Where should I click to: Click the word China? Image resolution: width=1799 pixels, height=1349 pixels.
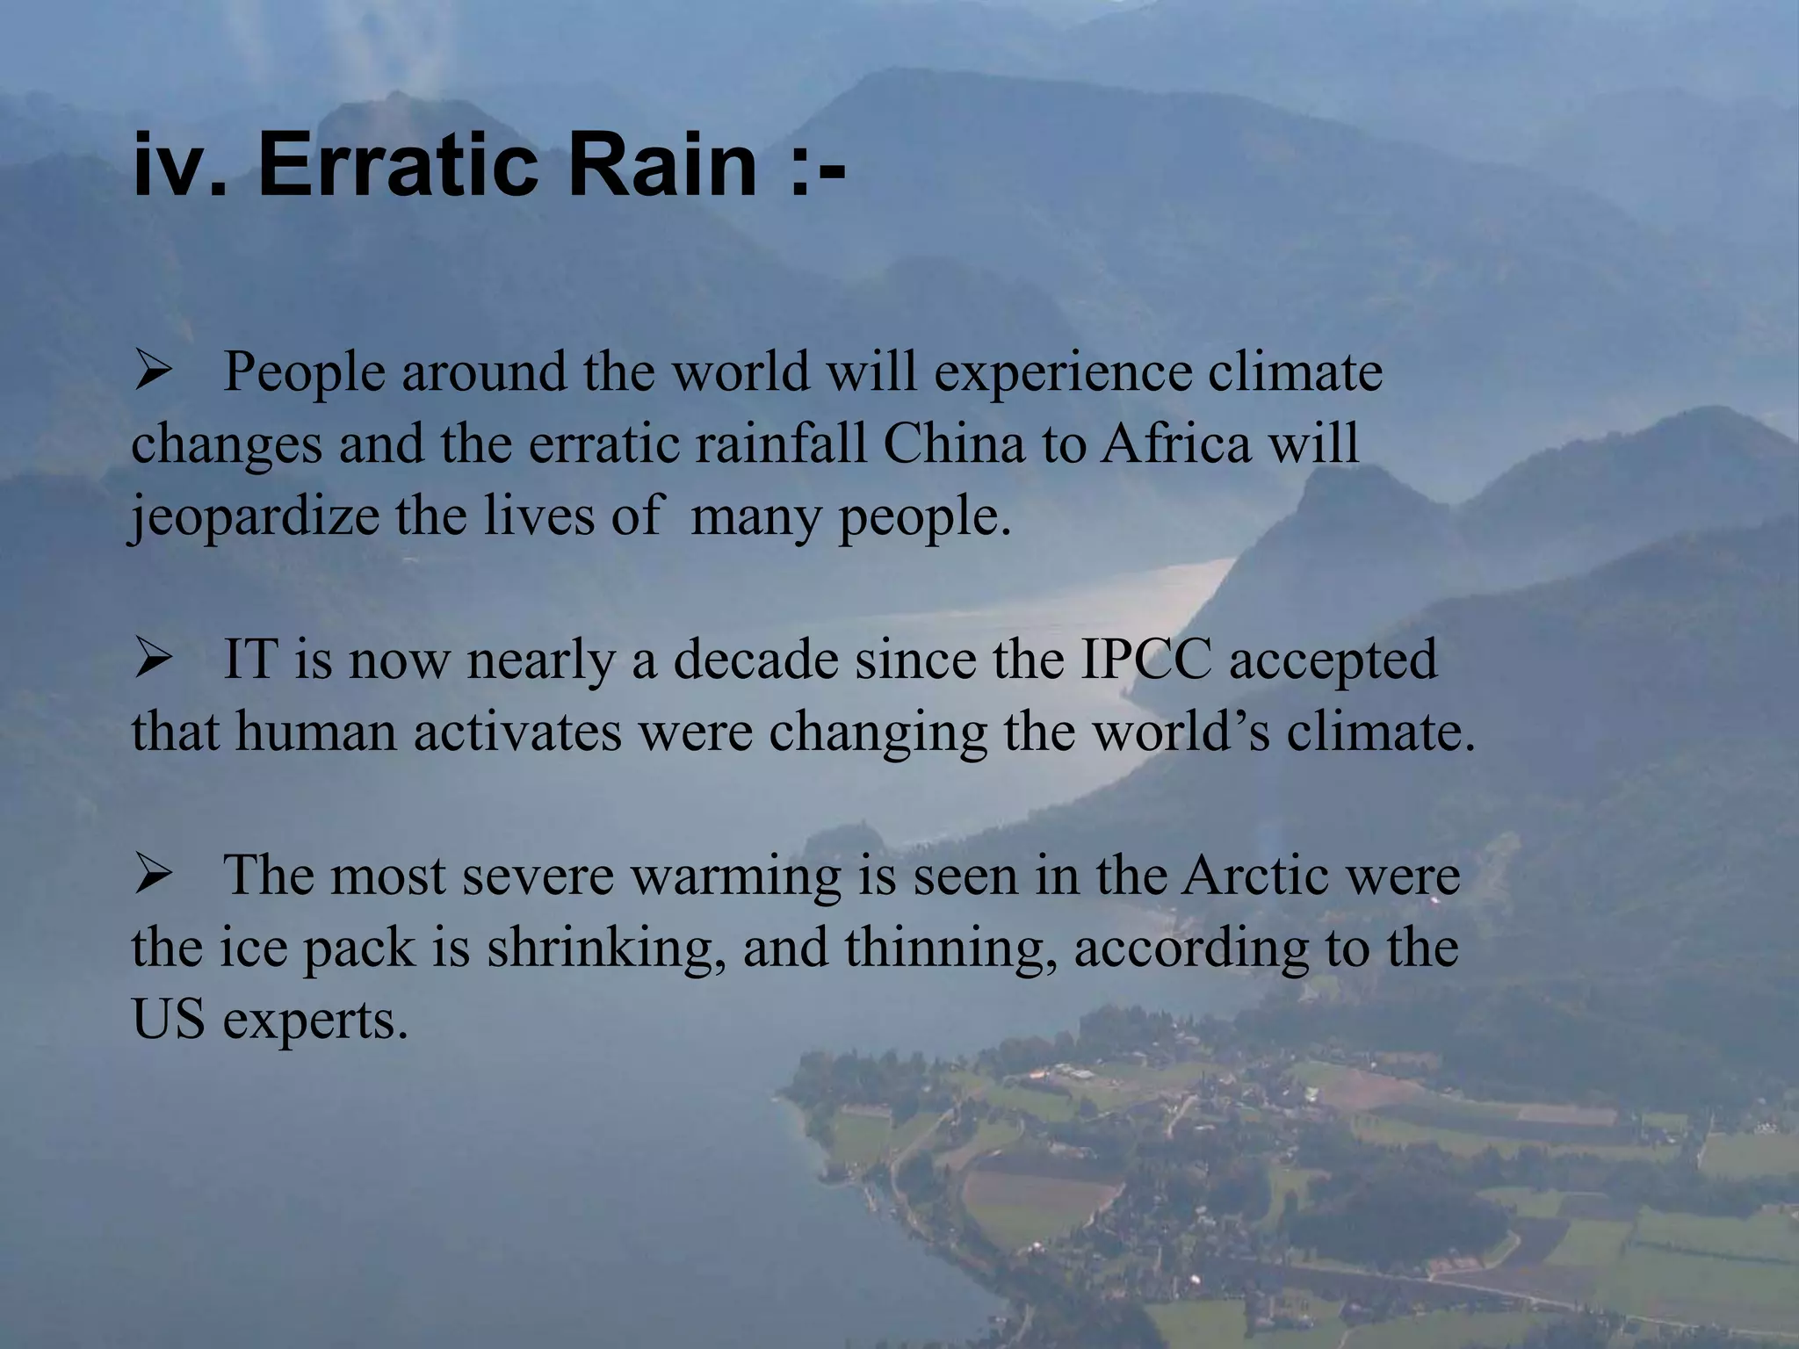tap(953, 444)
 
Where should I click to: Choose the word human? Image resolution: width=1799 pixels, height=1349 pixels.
tap(316, 732)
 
